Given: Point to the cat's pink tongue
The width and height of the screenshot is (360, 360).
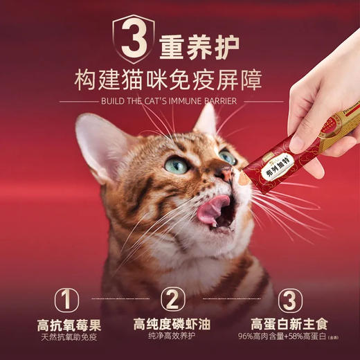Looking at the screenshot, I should point(213,208).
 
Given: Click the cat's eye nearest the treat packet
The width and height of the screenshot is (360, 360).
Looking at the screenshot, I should point(226,158).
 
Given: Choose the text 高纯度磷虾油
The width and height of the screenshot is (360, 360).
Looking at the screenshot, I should point(173,324).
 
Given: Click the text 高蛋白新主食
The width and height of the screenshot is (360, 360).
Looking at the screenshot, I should point(289,324).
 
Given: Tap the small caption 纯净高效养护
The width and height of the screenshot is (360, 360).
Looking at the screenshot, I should point(173,336).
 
